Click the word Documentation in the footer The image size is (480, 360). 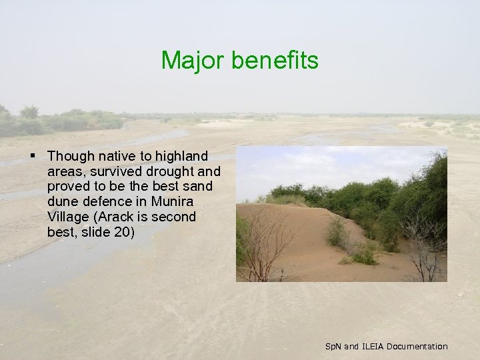tap(417, 346)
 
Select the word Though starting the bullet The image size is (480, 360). tap(72, 156)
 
